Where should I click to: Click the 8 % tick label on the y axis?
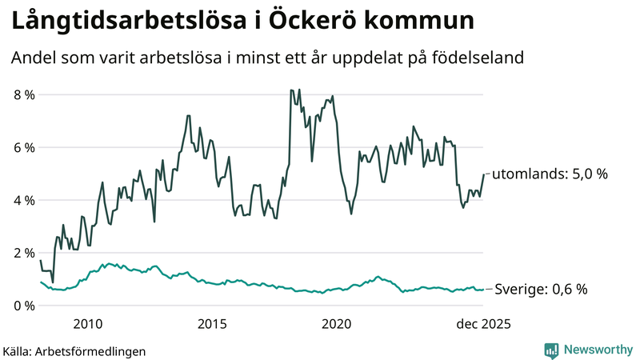click(24, 95)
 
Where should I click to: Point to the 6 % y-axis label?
click(24, 148)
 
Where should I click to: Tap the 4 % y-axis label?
click(24, 201)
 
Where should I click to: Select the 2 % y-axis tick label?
click(24, 254)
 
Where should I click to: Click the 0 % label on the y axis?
click(24, 306)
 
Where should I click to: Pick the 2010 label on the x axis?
click(87, 324)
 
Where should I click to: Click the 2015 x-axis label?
click(212, 324)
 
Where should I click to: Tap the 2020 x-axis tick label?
click(336, 324)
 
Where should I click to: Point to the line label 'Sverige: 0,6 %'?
click(542, 290)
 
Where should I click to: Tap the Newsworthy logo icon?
click(551, 350)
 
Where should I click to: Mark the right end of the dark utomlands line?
click(483, 174)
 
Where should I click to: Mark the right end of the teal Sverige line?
click(483, 290)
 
